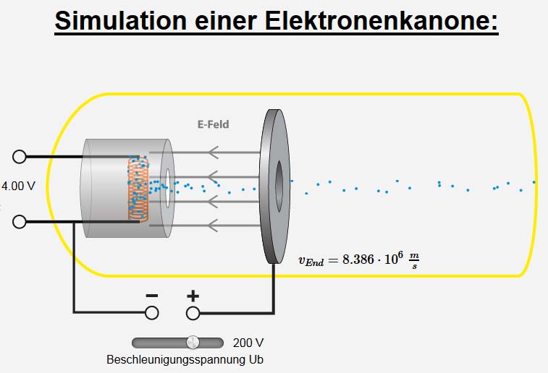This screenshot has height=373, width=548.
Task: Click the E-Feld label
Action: pos(213,124)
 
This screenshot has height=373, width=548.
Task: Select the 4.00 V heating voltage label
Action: pos(18,186)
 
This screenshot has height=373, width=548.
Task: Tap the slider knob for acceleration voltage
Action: pos(193,342)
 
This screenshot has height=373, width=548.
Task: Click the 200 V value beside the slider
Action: pos(248,343)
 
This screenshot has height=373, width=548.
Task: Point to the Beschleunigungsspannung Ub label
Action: pos(180,359)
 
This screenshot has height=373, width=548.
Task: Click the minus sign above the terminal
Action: pos(152,296)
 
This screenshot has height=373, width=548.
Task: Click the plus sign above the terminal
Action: pos(193,296)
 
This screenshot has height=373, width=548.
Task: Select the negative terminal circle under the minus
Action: pos(152,312)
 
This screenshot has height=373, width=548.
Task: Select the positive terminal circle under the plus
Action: pos(193,312)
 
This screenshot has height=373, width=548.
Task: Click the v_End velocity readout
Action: pos(359,259)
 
